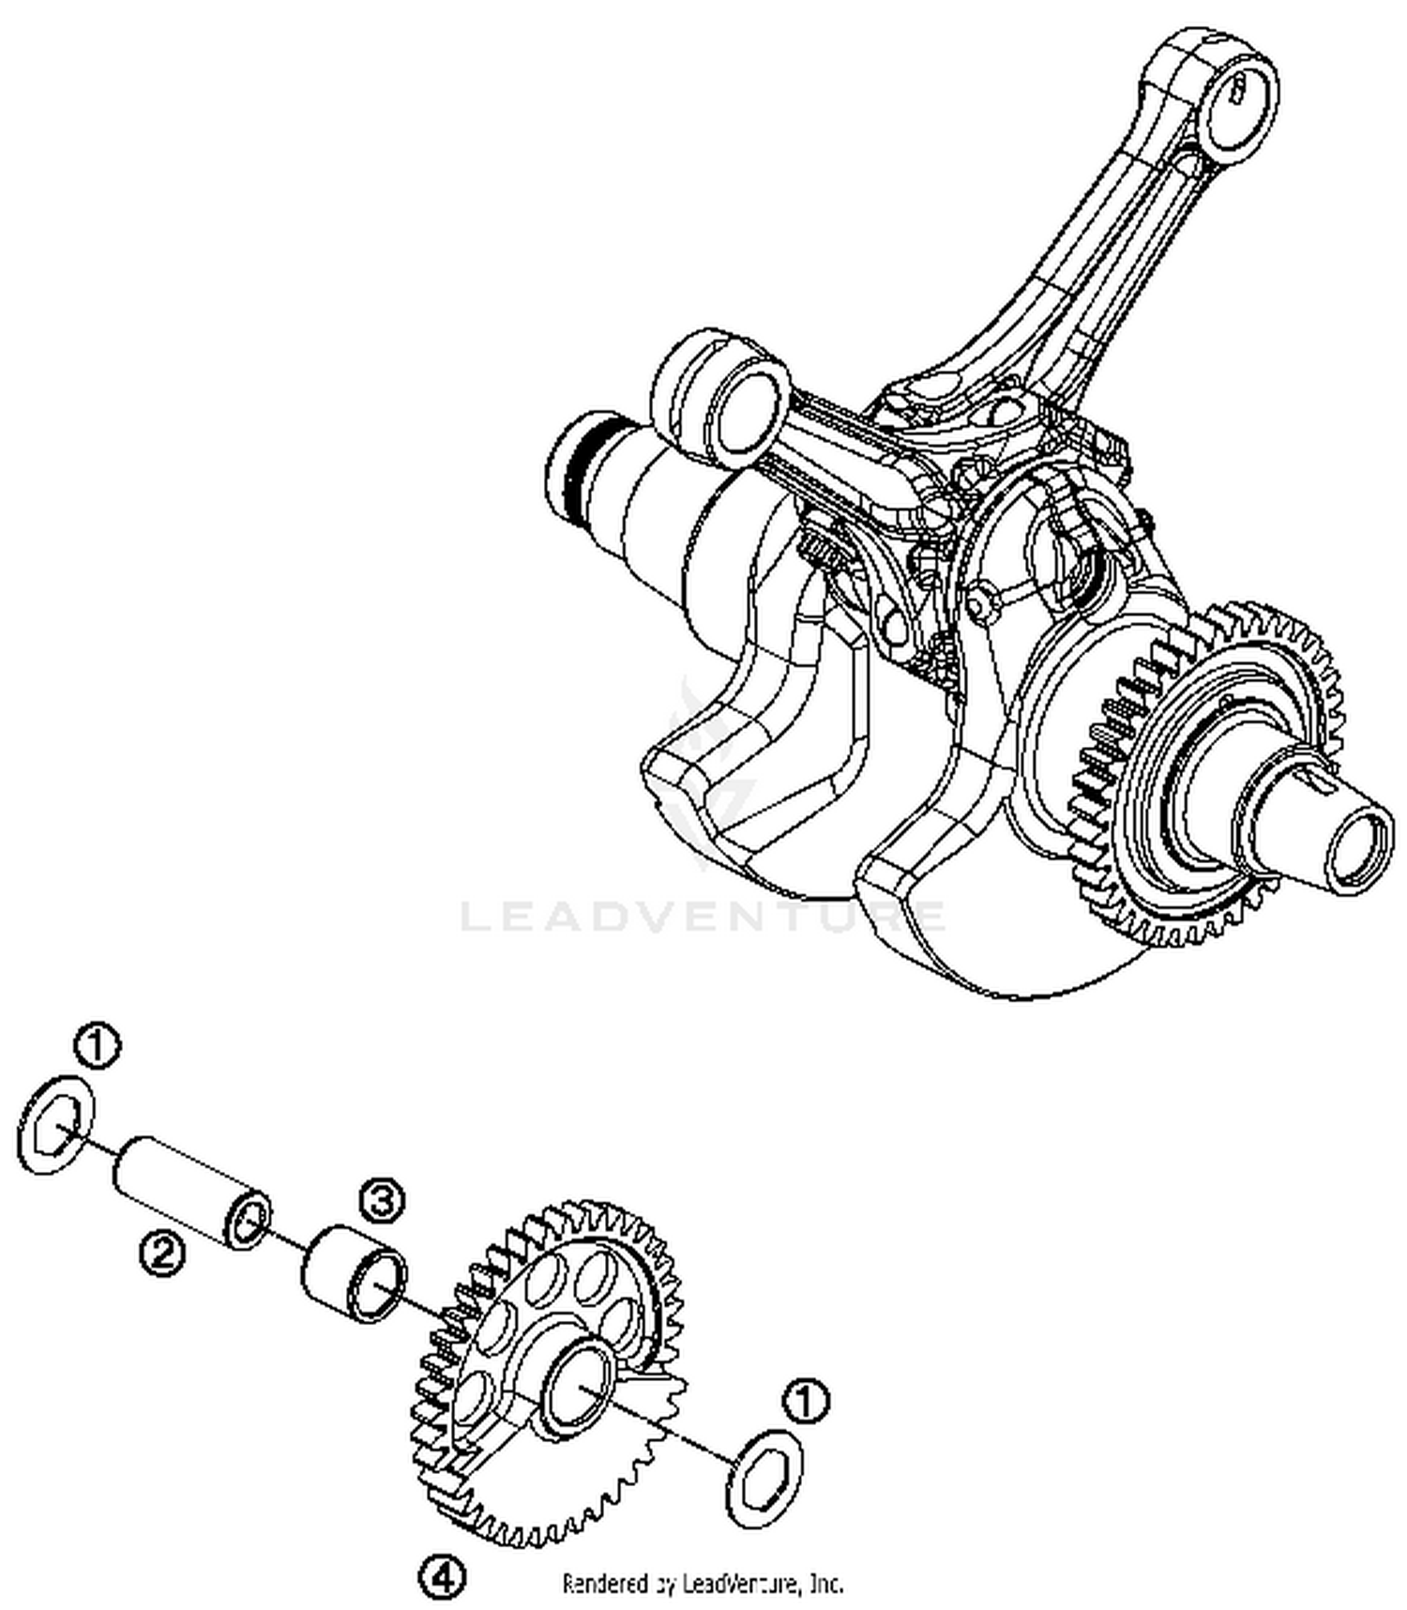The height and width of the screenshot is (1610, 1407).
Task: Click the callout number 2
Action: click(162, 1253)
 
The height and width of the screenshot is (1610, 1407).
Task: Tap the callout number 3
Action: click(382, 1202)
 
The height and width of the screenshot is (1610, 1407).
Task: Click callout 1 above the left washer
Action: click(98, 1046)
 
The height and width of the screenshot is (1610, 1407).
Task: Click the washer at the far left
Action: click(56, 1124)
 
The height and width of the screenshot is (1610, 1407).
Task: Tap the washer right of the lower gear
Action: click(765, 1479)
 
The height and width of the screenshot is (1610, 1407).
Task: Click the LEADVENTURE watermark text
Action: click(703, 915)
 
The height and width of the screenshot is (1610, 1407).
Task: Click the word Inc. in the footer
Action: click(825, 1584)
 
